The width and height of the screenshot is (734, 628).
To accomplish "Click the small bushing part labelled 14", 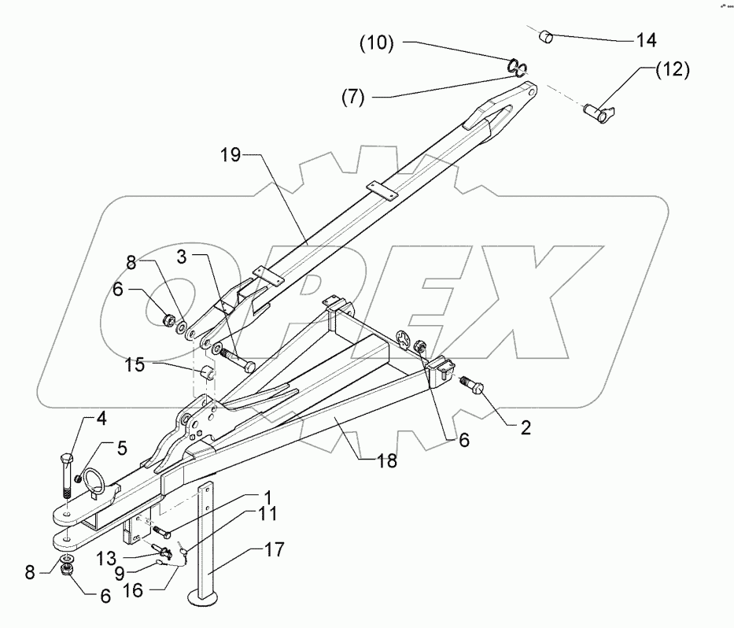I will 545,35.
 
